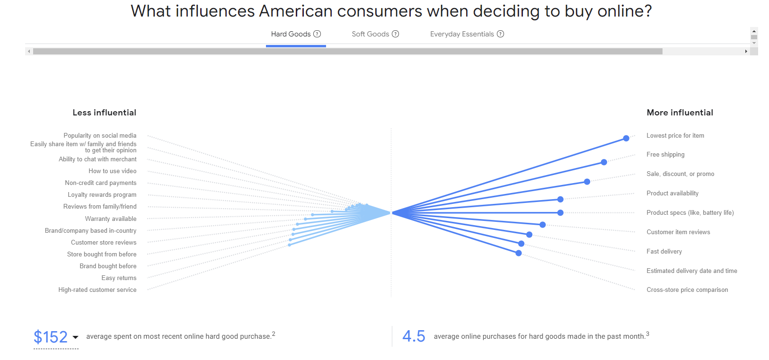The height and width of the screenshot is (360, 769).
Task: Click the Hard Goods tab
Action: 291,34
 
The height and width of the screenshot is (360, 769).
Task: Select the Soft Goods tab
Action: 370,34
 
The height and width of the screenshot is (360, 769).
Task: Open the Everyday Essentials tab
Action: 461,34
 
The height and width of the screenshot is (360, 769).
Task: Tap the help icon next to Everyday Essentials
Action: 501,34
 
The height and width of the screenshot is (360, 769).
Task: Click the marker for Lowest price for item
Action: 626,138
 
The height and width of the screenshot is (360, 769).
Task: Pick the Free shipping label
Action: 665,155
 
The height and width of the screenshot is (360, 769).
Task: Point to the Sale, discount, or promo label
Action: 680,174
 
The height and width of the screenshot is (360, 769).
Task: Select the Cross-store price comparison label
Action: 687,290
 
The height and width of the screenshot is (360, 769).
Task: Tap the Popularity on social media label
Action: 100,136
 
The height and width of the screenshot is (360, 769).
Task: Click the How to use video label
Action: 112,171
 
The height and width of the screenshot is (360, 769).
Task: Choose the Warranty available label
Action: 111,219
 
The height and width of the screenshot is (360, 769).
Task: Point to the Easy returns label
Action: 119,278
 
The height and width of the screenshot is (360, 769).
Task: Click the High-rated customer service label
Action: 97,290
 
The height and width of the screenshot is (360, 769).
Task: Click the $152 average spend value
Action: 51,337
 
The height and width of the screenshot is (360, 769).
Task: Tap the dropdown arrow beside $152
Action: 75,337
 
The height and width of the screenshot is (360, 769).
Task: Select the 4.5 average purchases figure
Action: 414,336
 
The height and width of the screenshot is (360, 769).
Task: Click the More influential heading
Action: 680,113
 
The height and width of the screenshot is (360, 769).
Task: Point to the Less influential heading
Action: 104,113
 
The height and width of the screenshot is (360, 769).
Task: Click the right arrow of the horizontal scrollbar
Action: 746,51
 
